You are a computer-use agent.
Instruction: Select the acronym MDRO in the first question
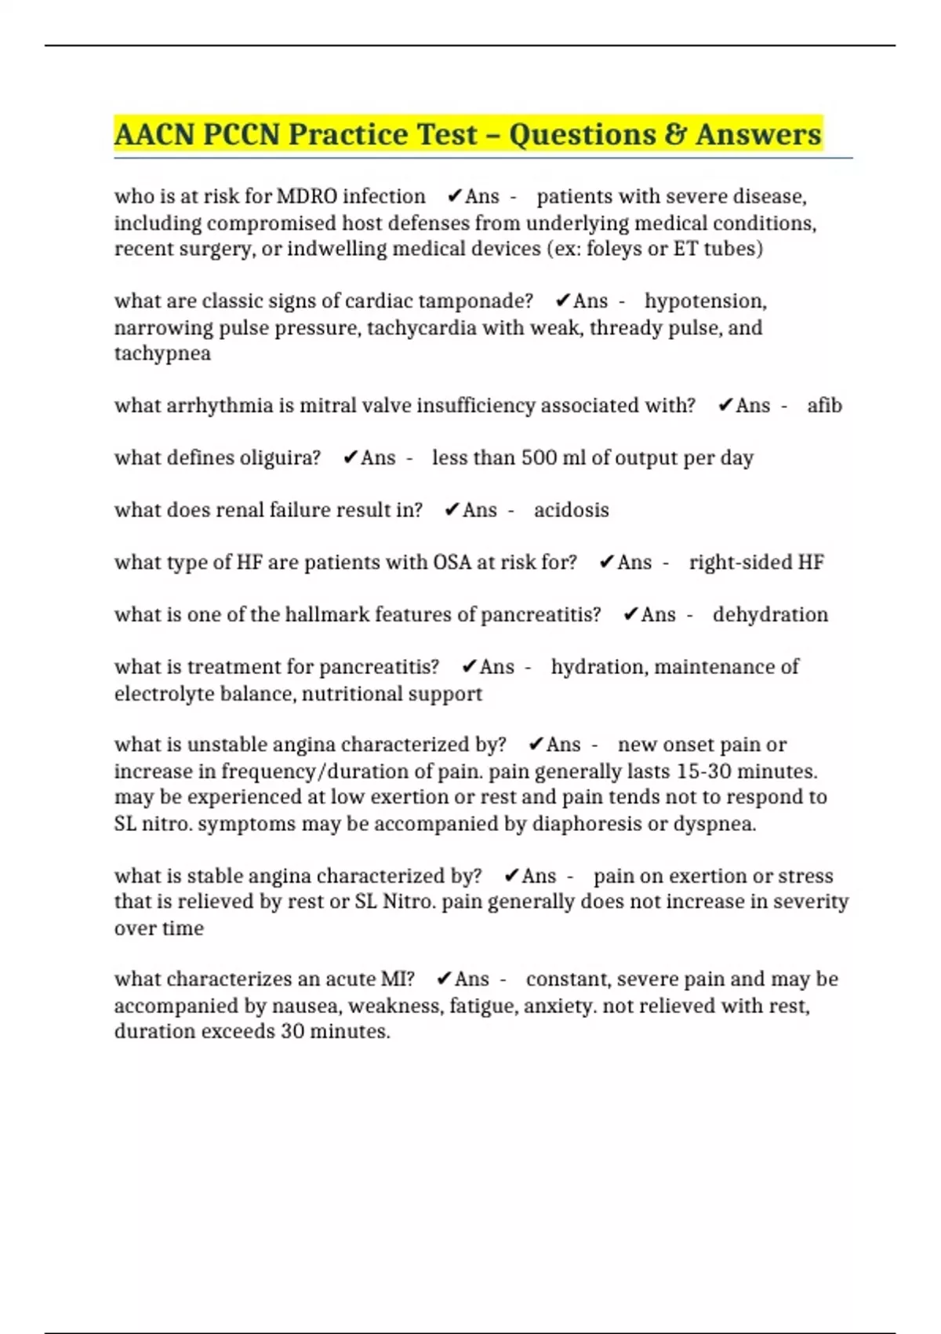(307, 196)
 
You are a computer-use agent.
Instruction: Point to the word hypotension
(705, 301)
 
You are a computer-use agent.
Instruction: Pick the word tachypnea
(162, 353)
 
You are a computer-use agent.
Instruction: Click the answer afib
(824, 406)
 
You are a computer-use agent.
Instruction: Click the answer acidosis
(571, 510)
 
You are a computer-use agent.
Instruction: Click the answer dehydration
(770, 614)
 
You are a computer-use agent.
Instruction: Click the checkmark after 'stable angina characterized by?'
(511, 876)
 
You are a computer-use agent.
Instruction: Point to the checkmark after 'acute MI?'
(444, 979)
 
